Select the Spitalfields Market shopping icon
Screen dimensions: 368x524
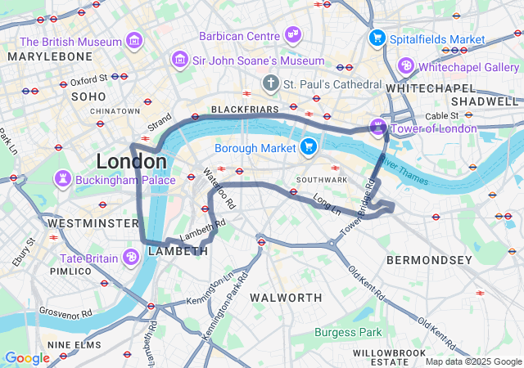(x=377, y=38)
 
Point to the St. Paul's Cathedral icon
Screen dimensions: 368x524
(x=271, y=83)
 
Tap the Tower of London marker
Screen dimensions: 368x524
(x=377, y=128)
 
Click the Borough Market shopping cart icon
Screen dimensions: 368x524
(x=309, y=147)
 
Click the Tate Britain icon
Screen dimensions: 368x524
(x=130, y=258)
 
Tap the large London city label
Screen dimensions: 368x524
(x=131, y=160)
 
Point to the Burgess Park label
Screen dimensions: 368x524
(x=348, y=333)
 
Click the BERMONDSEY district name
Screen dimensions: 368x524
(x=429, y=260)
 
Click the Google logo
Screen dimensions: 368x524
(x=27, y=358)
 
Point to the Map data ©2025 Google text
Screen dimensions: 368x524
(x=473, y=361)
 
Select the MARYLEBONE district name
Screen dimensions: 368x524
(x=50, y=56)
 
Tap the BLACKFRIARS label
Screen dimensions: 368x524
(x=239, y=109)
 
